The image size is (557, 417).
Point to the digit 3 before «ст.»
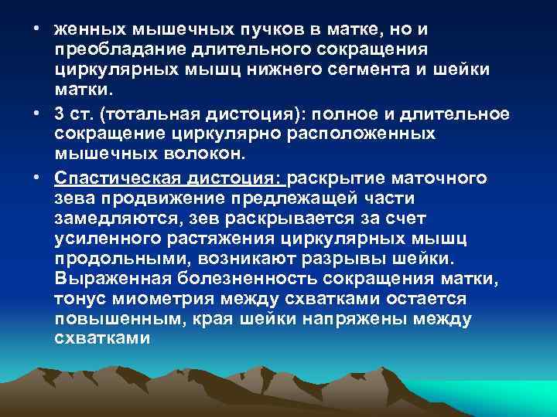[x=60, y=115]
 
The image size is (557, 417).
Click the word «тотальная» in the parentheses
[x=160, y=115]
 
